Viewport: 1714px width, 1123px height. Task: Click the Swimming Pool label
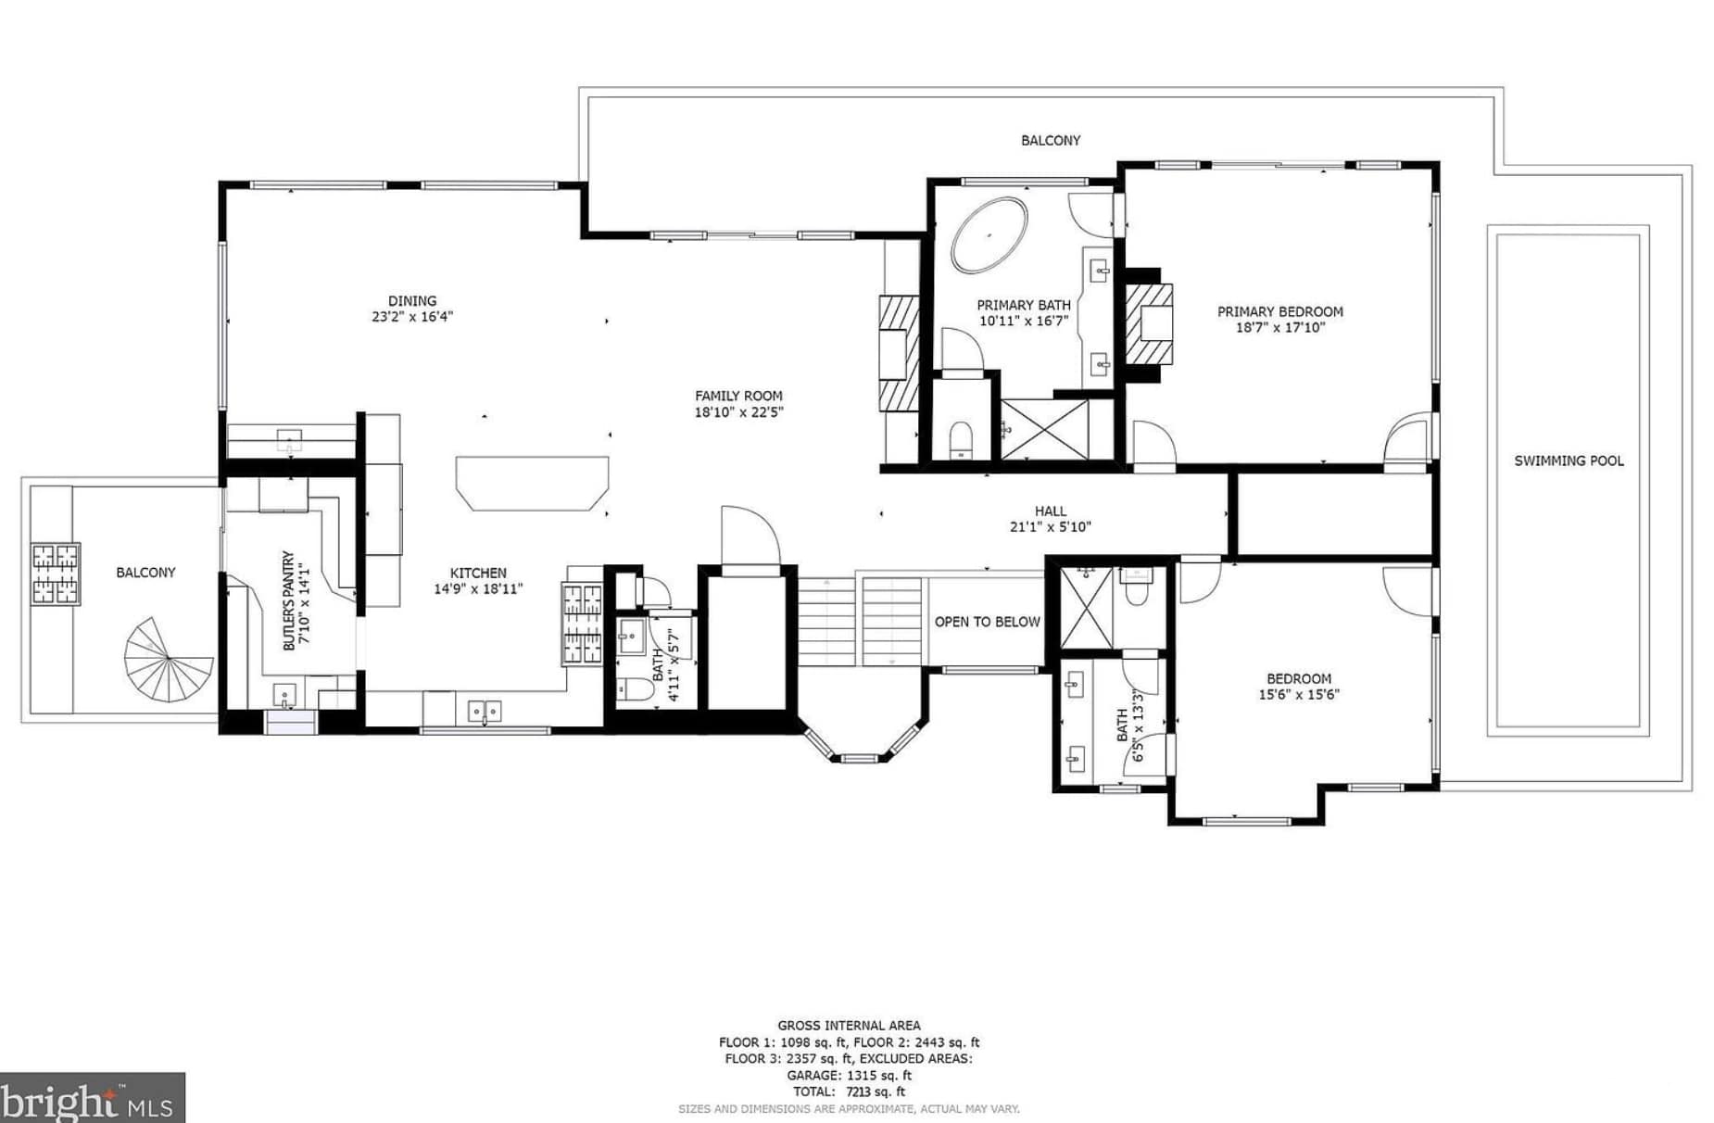point(1569,461)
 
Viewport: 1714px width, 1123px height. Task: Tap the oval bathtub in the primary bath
point(989,234)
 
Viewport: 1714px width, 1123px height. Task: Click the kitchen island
point(532,483)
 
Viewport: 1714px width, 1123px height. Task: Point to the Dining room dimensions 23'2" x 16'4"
point(412,317)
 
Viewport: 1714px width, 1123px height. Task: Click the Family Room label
point(738,396)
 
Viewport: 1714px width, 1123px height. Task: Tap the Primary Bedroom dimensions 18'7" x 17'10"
point(1280,327)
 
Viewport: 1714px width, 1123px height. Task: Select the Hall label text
point(1051,511)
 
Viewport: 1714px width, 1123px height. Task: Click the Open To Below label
point(987,622)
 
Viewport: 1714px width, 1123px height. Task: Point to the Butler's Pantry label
point(288,600)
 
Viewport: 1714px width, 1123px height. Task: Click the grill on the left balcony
point(56,574)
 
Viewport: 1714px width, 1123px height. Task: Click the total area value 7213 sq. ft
point(876,1091)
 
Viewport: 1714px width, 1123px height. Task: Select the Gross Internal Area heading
point(849,1025)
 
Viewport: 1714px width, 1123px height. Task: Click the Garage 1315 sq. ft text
point(849,1075)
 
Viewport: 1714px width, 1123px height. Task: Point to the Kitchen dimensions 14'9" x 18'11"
point(478,589)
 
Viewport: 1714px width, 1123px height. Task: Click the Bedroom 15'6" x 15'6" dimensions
point(1299,695)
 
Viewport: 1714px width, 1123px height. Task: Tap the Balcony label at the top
point(1051,141)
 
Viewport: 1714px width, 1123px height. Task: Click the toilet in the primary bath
point(962,439)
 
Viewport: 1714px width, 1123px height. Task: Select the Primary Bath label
point(1024,305)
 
